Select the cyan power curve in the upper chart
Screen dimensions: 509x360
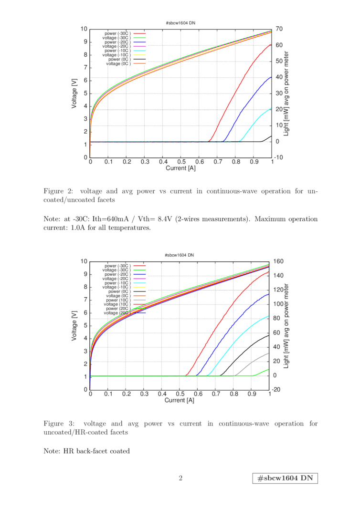tap(258, 119)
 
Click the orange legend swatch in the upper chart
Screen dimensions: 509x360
tap(139, 63)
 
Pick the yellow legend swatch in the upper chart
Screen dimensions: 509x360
tap(139, 55)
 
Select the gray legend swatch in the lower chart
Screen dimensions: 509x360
tap(139, 300)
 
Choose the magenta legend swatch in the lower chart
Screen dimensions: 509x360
tap(139, 279)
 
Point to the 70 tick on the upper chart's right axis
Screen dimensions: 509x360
tap(279, 29)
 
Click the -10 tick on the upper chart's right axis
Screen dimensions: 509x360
tap(280, 157)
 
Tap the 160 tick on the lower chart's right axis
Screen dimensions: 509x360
tap(280, 261)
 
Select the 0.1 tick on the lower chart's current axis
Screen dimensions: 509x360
tap(108, 395)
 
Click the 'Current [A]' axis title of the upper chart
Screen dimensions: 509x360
tap(180, 168)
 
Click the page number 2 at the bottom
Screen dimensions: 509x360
tap(180, 478)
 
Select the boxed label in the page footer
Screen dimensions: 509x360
tap(285, 478)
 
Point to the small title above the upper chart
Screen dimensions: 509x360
tap(180, 22)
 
